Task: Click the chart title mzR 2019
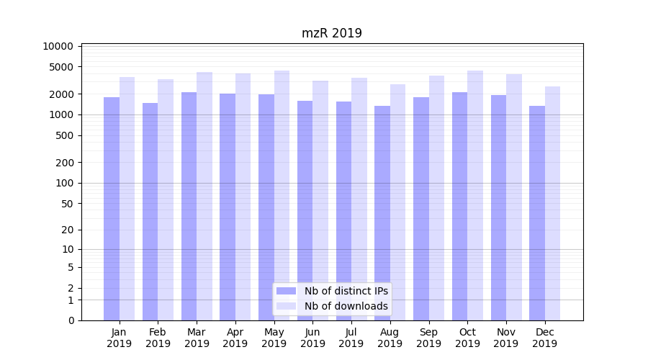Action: [x=331, y=33]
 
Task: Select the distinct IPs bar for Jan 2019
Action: [x=112, y=209]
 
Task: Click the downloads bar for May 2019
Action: [x=282, y=195]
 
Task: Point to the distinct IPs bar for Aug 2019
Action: [x=382, y=213]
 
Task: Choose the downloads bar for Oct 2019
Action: [x=475, y=195]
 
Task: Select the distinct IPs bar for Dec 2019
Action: [x=537, y=213]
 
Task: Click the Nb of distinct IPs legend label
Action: [x=346, y=291]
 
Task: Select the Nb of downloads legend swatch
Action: [x=286, y=306]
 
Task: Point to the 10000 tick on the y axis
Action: [x=58, y=46]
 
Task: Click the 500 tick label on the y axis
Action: [x=63, y=135]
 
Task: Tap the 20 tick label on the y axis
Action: [x=67, y=230]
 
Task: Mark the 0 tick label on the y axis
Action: [x=71, y=320]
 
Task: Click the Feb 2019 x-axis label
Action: [x=158, y=338]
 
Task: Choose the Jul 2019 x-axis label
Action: [x=351, y=338]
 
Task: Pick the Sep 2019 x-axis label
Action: [x=428, y=338]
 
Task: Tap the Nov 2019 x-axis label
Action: [x=506, y=338]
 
